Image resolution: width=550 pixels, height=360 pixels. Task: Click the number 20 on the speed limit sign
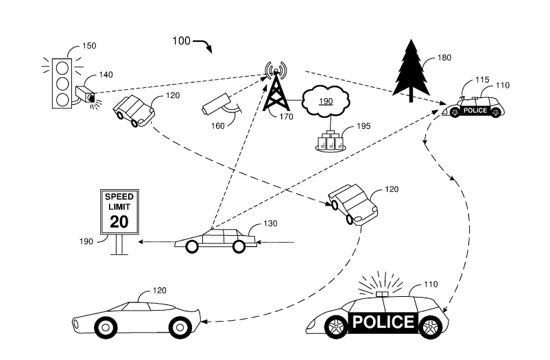tap(119, 221)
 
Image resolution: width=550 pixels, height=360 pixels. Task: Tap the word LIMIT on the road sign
tap(119, 207)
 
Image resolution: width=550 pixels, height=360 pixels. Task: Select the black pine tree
tap(411, 73)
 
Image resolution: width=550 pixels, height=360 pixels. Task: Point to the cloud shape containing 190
tap(326, 101)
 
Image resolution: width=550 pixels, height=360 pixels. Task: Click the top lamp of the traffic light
tap(63, 67)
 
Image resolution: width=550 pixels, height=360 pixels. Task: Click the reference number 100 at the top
tap(181, 41)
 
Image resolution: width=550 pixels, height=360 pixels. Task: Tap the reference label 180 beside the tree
tap(444, 58)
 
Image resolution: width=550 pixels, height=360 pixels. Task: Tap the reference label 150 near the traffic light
tap(89, 46)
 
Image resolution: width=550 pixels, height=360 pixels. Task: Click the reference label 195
tap(361, 128)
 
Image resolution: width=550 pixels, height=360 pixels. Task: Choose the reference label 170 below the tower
tap(286, 117)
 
